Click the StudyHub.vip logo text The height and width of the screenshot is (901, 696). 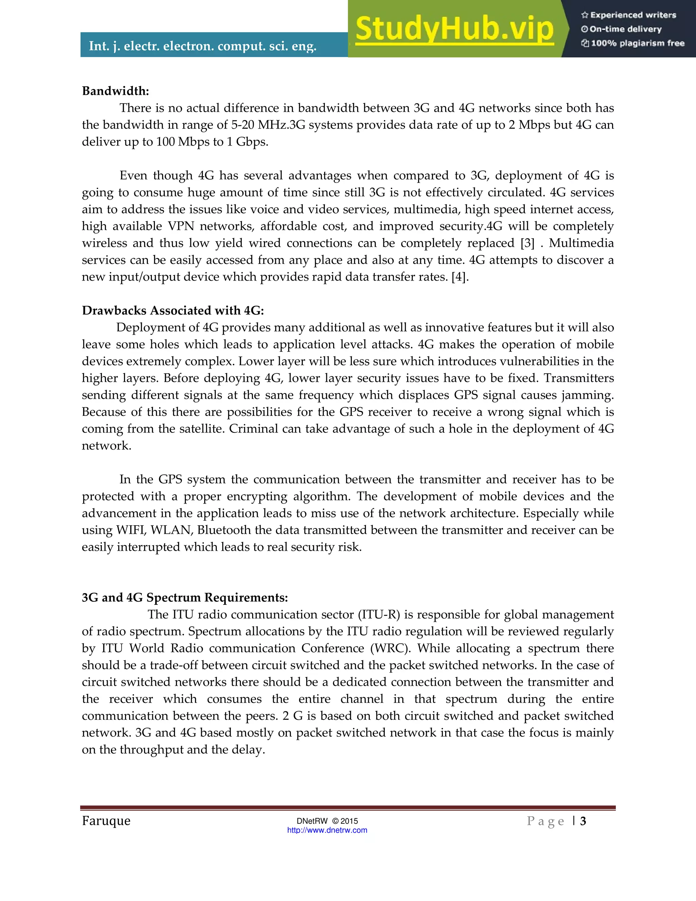click(x=454, y=29)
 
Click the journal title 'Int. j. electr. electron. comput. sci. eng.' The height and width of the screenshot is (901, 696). click(x=203, y=46)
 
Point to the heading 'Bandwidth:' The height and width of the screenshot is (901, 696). click(x=116, y=91)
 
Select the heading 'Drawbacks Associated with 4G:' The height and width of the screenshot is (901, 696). click(x=173, y=310)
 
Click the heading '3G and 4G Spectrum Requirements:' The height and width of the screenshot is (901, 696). click(x=185, y=597)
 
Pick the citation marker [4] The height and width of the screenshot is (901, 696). click(x=460, y=277)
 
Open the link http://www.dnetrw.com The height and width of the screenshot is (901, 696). click(x=327, y=830)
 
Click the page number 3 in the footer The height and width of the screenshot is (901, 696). click(x=583, y=821)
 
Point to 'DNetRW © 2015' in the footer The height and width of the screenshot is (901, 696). click(x=327, y=821)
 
